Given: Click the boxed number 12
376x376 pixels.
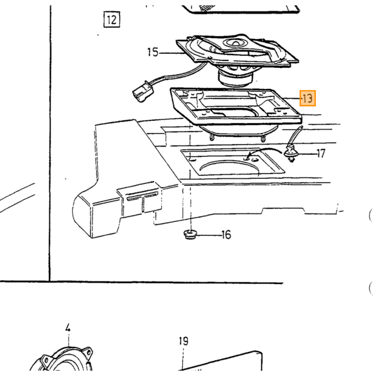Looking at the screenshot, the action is (112, 20).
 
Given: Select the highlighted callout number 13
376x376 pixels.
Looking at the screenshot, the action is (308, 98).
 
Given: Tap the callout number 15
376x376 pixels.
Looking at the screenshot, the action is (153, 52).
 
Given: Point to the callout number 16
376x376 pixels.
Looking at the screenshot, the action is (226, 235).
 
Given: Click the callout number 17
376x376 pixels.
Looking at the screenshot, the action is (321, 154).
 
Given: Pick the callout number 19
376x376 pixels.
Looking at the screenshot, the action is (184, 341).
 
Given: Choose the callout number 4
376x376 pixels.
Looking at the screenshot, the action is (68, 328).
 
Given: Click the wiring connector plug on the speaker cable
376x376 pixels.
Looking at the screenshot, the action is (143, 93).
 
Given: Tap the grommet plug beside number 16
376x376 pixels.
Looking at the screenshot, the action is (190, 234).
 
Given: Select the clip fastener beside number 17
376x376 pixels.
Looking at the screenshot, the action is (291, 154).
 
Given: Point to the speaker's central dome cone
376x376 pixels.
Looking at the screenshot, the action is (235, 43).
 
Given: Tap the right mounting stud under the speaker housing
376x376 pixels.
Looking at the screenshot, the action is (263, 139).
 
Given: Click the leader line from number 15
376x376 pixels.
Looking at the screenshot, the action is (172, 53).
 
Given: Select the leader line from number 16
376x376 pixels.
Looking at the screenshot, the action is (209, 235).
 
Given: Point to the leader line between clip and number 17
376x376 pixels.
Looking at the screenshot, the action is (307, 154).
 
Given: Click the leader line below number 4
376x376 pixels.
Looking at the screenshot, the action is (69, 340).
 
